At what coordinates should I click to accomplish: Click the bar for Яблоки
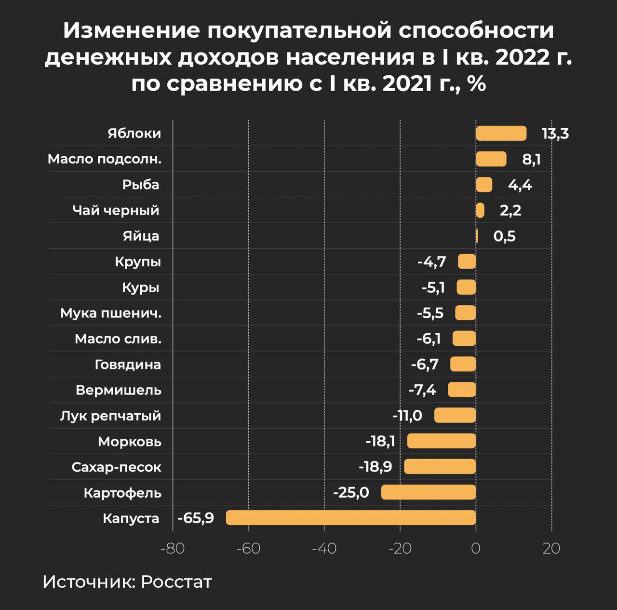tap(501, 133)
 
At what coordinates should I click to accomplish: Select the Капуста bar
tap(351, 518)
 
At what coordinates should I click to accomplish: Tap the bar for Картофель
tap(429, 492)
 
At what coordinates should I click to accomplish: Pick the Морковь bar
tap(442, 441)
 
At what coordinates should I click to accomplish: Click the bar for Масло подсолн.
tap(491, 159)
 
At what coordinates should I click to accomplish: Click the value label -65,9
tap(196, 518)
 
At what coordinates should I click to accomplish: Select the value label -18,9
tap(375, 467)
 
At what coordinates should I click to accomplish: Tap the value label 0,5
tap(504, 236)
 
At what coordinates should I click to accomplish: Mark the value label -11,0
tap(407, 416)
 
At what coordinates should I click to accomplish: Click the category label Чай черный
tap(116, 211)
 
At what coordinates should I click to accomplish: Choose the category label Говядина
tap(128, 365)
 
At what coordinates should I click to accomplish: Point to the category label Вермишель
tap(119, 390)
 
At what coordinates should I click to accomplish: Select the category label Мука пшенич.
tap(111, 313)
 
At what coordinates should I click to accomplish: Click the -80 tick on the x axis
tap(173, 549)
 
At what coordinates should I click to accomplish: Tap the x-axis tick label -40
tap(324, 549)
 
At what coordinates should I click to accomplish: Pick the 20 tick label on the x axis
tap(551, 549)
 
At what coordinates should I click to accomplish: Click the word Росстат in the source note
tap(176, 582)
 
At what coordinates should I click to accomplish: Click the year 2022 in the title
tap(522, 58)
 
